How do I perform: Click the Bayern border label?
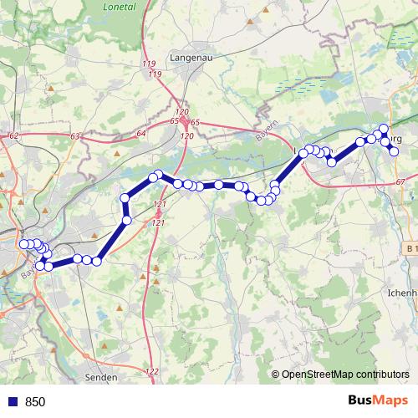point(265,136)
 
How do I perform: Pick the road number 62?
point(13,135)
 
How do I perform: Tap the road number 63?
point(76,135)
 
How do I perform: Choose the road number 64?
point(140,133)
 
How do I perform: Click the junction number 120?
point(183,112)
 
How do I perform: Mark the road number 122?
point(151,371)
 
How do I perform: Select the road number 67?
point(400,182)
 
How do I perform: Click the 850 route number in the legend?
point(35,402)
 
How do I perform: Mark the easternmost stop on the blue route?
point(395,151)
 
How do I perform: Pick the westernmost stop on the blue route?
point(23,244)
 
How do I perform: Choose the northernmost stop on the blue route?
point(384,129)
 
